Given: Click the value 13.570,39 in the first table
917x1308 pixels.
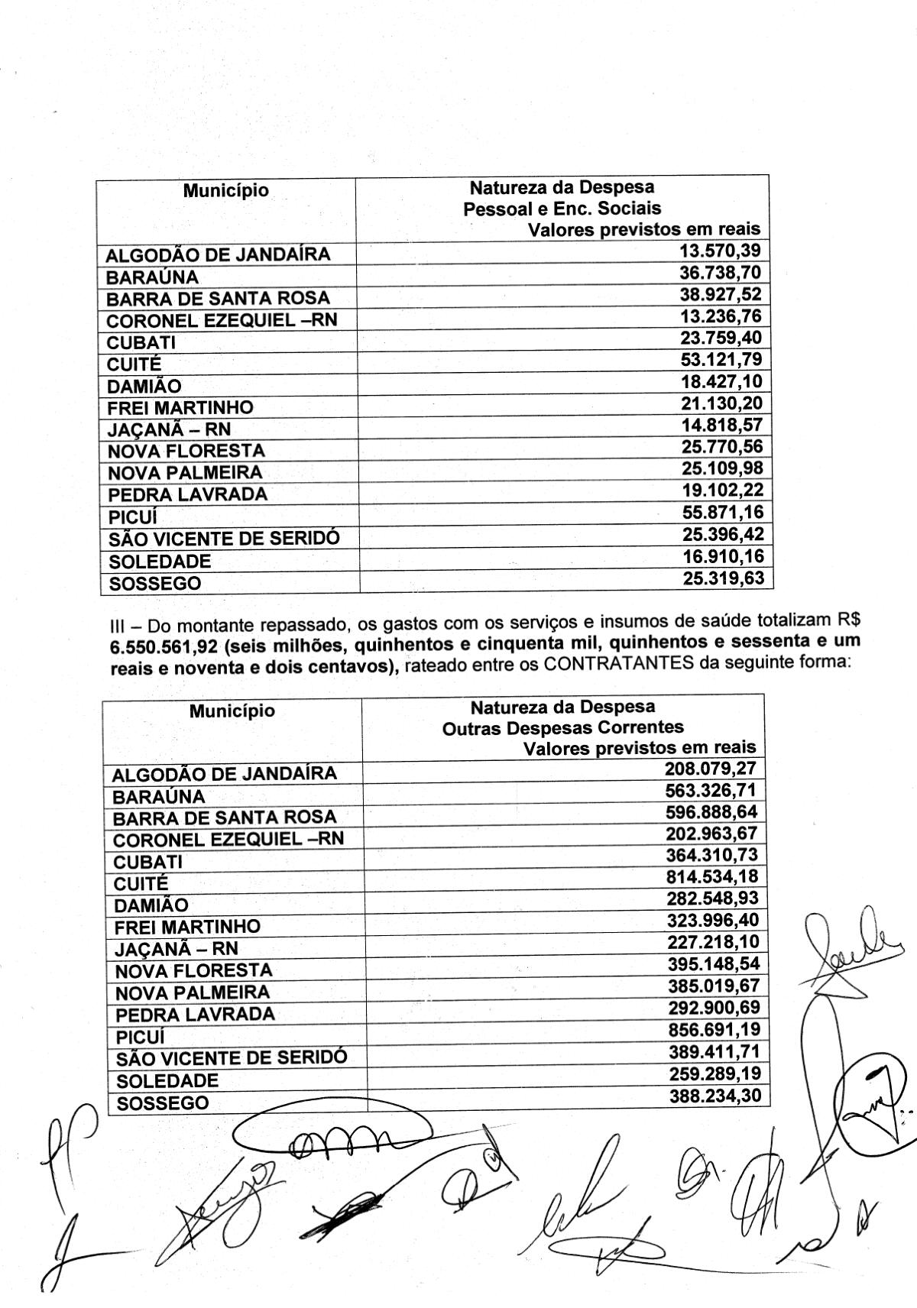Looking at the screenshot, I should (x=720, y=251).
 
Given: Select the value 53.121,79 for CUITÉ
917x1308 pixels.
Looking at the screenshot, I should (x=721, y=360).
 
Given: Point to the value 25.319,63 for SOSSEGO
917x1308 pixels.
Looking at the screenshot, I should (x=723, y=578).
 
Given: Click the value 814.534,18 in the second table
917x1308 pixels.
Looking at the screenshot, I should (x=712, y=876).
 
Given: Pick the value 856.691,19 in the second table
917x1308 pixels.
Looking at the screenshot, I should (x=714, y=1029).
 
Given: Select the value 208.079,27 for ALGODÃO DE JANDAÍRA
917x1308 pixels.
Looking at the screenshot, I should (x=710, y=768).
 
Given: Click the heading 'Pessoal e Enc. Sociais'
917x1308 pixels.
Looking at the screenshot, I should (x=562, y=208).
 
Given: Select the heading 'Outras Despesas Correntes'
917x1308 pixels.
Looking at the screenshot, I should (x=562, y=727).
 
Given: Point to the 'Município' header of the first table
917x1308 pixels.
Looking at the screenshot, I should (x=225, y=190).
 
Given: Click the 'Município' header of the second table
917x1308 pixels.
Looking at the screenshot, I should (x=232, y=711).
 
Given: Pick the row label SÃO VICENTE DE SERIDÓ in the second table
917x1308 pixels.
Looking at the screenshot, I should (x=231, y=1059).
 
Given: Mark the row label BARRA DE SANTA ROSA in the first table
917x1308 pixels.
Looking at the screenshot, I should (x=218, y=299).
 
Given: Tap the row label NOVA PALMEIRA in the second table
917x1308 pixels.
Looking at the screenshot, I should (x=192, y=993).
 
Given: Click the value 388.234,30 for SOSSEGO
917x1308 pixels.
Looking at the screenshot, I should (x=715, y=1096).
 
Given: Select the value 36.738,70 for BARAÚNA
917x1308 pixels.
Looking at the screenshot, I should (x=721, y=274).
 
